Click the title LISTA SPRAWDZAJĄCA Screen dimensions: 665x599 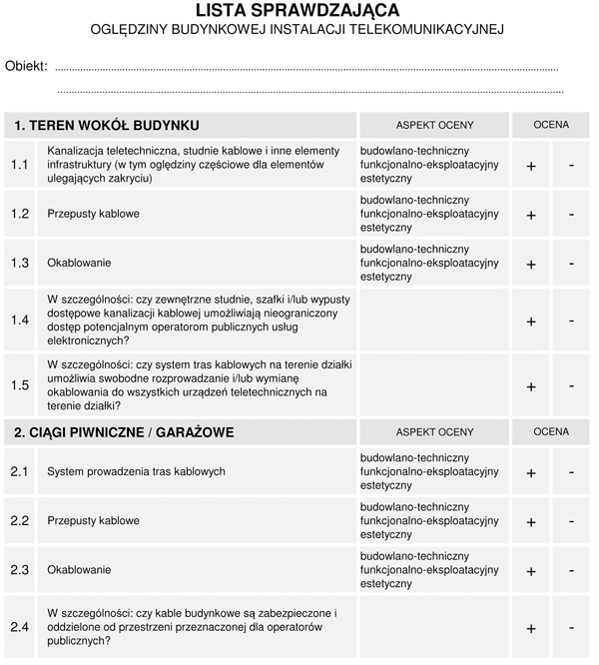click(x=298, y=11)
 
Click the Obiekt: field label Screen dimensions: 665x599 click(x=26, y=66)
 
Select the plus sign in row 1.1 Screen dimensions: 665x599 click(x=531, y=166)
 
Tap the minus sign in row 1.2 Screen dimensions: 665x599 click(x=571, y=214)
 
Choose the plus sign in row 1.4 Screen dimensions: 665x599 click(x=531, y=322)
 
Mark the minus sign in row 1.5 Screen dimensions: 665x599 click(x=571, y=384)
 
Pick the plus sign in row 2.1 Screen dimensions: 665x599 click(x=531, y=472)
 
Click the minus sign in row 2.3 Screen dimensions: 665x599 click(x=571, y=569)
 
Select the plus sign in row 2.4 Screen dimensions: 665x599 click(x=531, y=629)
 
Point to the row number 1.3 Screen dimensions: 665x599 click(x=20, y=263)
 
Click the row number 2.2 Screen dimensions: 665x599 click(x=20, y=520)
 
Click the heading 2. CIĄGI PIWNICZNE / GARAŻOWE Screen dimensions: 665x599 click(x=125, y=432)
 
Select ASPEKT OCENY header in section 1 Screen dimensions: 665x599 click(x=434, y=125)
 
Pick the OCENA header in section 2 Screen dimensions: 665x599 click(x=551, y=431)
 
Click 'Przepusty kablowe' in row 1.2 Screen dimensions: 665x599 click(x=93, y=214)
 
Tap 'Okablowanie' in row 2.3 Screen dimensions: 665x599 click(x=79, y=570)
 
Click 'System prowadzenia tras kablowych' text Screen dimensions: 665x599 click(x=136, y=471)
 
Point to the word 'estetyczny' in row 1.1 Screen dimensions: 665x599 click(x=385, y=178)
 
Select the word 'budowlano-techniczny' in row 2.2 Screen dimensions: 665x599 click(x=413, y=507)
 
